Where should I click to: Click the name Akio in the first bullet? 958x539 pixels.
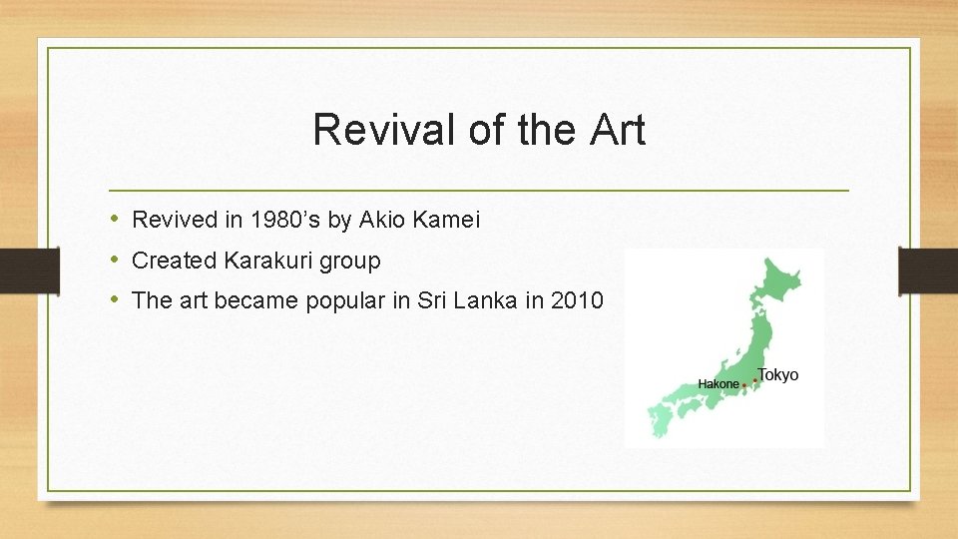tap(380, 220)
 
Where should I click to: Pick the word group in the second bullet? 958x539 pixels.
tap(349, 262)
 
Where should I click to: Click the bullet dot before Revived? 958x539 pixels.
tap(115, 220)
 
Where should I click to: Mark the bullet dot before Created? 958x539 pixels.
tap(115, 261)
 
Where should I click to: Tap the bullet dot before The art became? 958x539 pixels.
tap(115, 300)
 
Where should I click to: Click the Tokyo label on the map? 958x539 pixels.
tap(778, 375)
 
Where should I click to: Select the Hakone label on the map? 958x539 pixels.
tap(718, 384)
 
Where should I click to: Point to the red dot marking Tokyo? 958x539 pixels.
tap(756, 380)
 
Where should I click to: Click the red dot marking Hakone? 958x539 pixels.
tap(744, 385)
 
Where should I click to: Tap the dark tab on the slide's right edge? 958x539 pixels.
tap(928, 269)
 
